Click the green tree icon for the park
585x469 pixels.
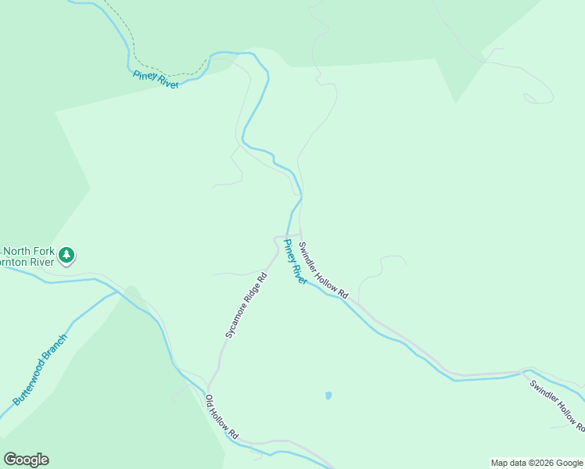(x=67, y=255)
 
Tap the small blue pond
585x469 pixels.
(x=328, y=396)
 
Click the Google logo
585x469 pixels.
(x=26, y=460)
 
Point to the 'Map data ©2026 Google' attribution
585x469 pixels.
(x=537, y=463)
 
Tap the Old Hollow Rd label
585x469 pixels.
(x=221, y=416)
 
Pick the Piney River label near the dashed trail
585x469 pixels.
(x=156, y=79)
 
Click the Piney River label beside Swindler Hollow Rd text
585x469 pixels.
(x=295, y=262)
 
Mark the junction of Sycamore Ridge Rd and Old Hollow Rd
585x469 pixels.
(x=208, y=388)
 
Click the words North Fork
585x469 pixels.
(x=29, y=251)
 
